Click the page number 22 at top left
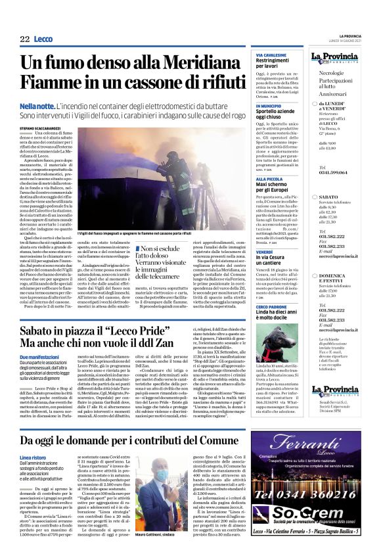click(x=24, y=39)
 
